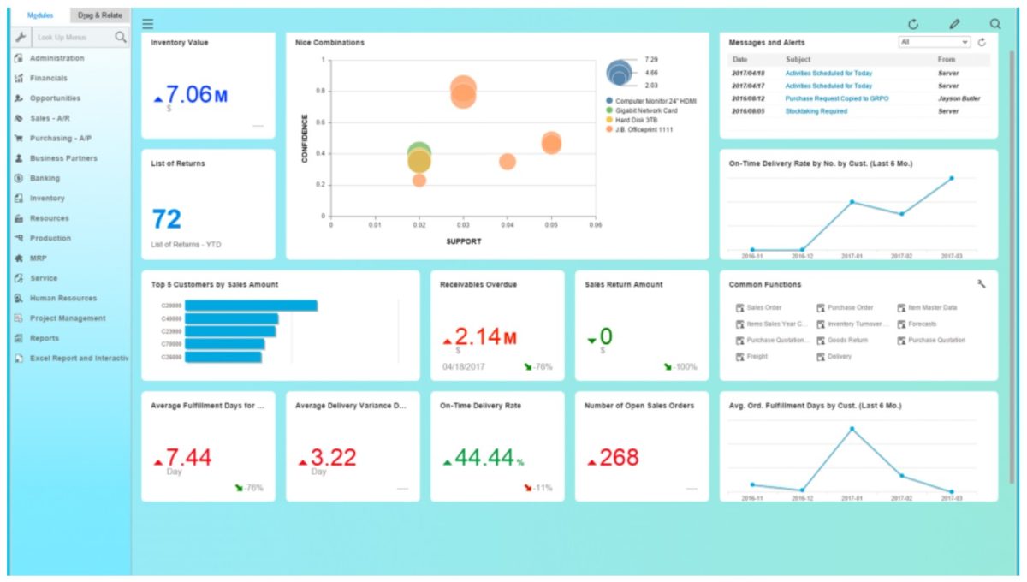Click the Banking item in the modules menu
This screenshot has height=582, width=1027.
45,178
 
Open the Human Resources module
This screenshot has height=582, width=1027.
62,298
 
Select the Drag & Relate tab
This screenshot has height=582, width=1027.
99,15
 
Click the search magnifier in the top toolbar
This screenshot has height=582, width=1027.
994,25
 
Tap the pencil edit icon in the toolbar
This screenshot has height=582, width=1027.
954,25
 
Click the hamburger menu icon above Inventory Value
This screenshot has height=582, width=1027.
148,25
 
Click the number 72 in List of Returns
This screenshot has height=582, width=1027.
166,220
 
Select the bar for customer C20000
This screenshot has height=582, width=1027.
251,306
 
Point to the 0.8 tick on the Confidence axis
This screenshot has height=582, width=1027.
321,91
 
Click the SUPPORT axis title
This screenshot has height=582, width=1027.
463,241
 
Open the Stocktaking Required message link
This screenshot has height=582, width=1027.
816,111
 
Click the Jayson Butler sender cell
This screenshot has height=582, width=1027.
959,98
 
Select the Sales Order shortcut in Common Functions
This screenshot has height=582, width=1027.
763,307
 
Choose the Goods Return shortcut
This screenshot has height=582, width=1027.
846,340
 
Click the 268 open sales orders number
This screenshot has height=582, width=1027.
618,458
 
